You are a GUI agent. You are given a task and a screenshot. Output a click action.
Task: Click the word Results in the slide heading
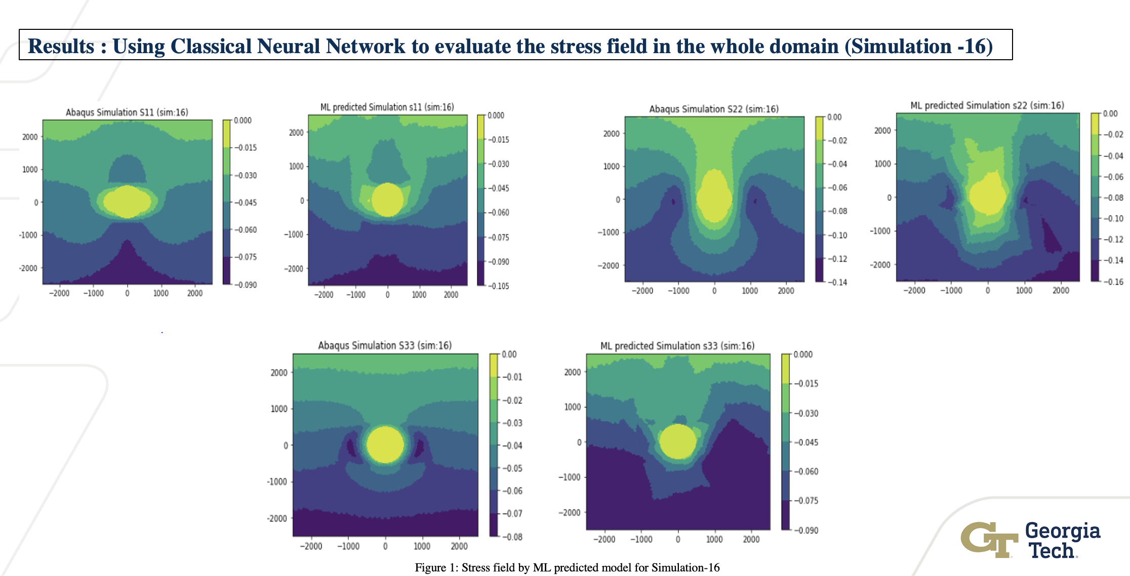point(61,46)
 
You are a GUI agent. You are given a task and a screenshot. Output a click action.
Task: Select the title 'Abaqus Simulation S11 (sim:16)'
point(127,112)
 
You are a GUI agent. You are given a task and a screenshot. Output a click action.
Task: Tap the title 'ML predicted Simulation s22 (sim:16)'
point(987,105)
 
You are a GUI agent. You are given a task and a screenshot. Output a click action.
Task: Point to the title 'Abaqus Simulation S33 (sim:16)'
point(385,345)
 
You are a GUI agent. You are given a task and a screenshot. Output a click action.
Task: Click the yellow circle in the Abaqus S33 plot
point(385,444)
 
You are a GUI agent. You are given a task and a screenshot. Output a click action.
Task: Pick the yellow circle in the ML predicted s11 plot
point(387,199)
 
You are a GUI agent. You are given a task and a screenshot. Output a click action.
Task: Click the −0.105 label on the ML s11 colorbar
point(498,286)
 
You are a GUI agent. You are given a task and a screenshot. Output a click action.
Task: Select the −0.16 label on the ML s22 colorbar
point(1113,282)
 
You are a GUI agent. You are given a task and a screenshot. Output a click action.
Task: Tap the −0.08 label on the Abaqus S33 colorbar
point(512,537)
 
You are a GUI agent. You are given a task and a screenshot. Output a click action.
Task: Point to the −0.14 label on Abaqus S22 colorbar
point(837,282)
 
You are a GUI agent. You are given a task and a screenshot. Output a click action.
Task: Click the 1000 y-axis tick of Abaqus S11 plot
point(30,170)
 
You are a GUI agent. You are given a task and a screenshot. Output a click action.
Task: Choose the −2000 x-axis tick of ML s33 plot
point(604,540)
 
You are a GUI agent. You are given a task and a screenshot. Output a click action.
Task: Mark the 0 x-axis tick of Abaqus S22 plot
point(714,291)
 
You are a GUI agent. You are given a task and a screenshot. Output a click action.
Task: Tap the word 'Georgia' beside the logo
point(1063,531)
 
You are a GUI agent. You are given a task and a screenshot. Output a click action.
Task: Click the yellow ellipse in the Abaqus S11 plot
point(127,201)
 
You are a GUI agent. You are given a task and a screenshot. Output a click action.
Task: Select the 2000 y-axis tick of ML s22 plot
point(882,131)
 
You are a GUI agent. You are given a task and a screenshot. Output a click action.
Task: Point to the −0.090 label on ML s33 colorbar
point(805,530)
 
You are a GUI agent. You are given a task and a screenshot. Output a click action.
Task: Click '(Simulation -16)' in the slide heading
point(918,46)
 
